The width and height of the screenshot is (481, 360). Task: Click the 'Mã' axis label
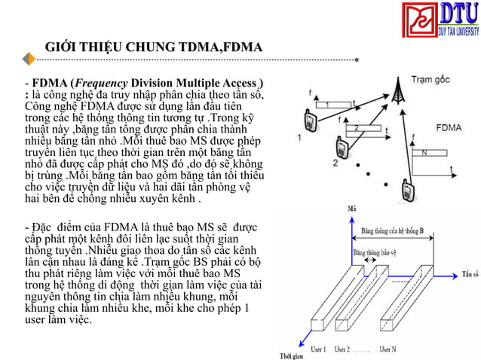351,209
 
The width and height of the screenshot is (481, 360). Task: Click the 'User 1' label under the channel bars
319,349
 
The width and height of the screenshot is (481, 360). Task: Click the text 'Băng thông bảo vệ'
375,243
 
